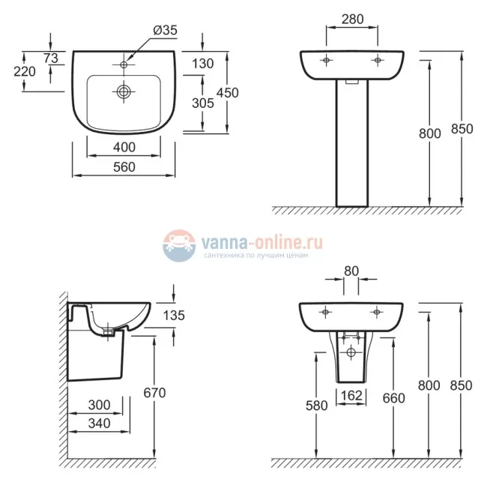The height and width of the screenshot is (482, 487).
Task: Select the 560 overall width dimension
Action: (124, 167)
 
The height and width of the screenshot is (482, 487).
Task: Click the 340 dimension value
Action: (98, 424)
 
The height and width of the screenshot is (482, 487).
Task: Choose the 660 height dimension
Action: (393, 399)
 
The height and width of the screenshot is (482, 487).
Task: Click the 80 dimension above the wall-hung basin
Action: (351, 271)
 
